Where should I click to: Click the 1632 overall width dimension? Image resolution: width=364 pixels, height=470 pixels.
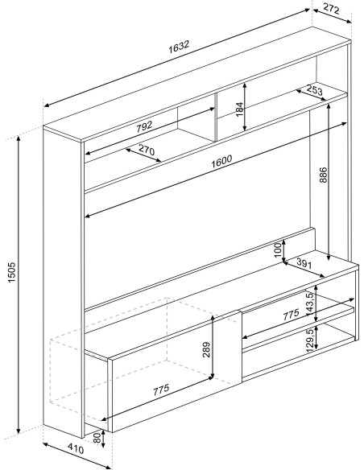179,47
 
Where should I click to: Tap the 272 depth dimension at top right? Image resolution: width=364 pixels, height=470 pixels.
331,10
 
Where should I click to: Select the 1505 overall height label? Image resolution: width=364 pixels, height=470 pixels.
11,272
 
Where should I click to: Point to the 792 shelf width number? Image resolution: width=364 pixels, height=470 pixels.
144,127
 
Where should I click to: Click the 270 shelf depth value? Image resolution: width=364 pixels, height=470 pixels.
147,150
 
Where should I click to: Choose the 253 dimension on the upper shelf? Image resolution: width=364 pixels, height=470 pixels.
314,89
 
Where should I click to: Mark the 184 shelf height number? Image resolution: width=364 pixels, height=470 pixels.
239,109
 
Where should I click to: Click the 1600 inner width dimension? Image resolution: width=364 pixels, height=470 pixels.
221,161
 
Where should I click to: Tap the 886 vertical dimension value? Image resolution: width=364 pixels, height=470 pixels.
324,175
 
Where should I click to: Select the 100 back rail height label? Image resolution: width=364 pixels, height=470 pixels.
279,249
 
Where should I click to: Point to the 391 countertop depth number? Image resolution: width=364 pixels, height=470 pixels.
304,263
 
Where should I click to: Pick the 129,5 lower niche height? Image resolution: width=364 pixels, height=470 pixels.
310,339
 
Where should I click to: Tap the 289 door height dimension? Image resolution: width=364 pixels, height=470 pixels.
206,349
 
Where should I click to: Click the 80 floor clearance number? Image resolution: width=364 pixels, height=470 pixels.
97,438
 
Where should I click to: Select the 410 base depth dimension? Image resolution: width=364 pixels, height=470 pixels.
76,448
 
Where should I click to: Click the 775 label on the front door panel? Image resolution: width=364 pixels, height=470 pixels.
161,390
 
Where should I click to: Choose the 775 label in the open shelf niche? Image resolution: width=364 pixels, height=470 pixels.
292,315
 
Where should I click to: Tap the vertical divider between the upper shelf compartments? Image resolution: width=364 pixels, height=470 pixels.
216,117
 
